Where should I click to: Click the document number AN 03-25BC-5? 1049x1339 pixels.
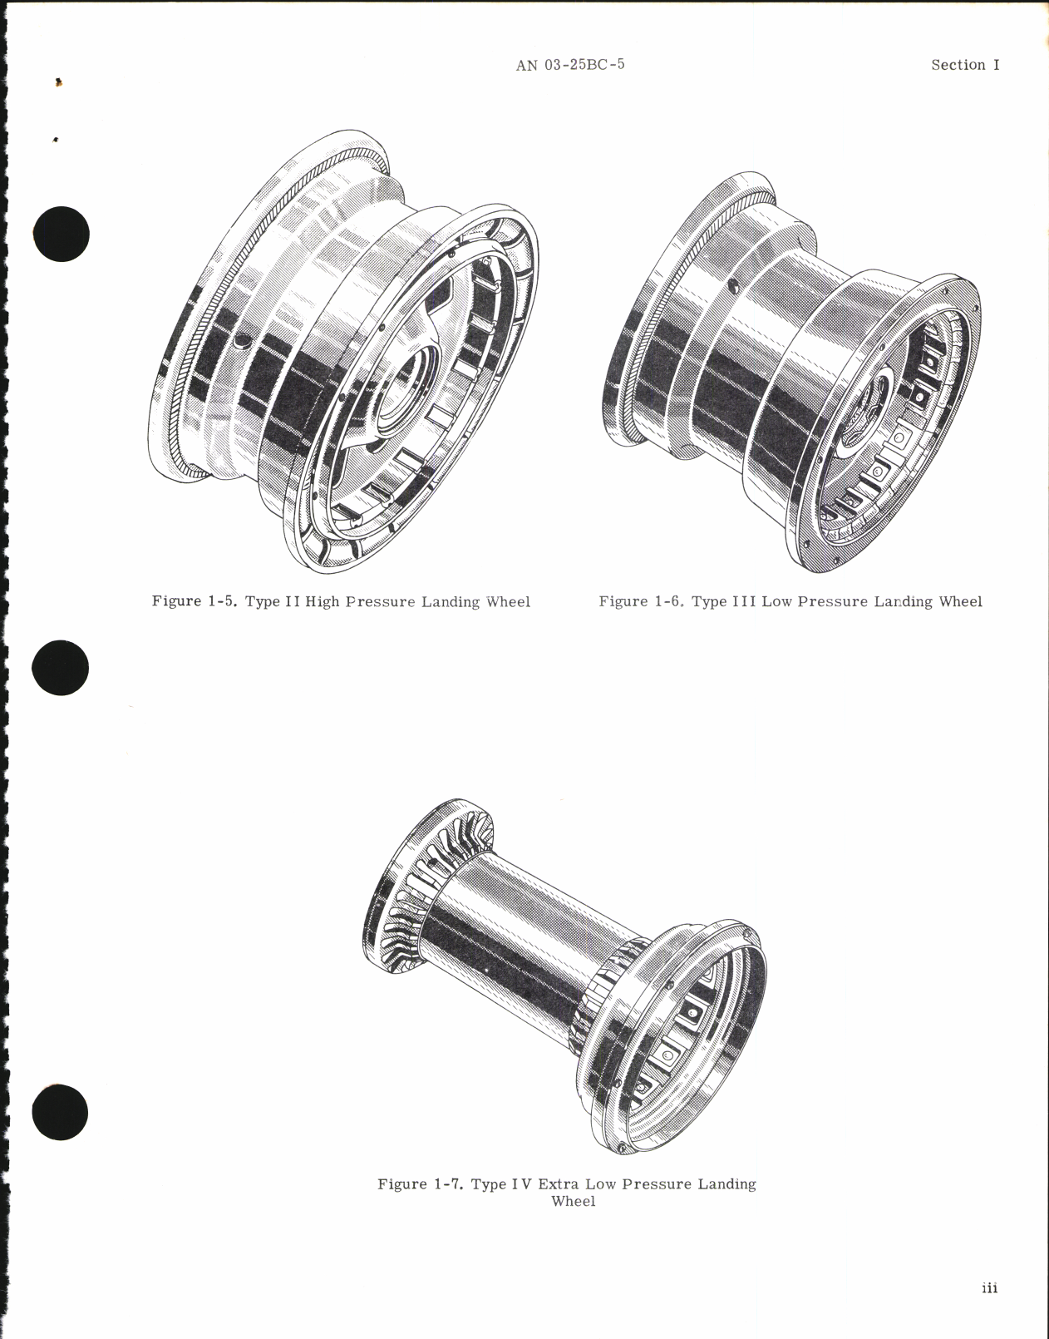(x=569, y=65)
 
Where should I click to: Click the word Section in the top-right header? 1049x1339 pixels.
(x=958, y=65)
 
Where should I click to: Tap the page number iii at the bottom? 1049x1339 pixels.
(x=988, y=1288)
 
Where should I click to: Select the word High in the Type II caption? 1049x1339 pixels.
(x=323, y=601)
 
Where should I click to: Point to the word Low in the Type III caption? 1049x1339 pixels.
(x=776, y=601)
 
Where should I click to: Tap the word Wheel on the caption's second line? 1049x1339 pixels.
(x=573, y=1202)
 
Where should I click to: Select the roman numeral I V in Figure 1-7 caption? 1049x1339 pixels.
(x=520, y=1183)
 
